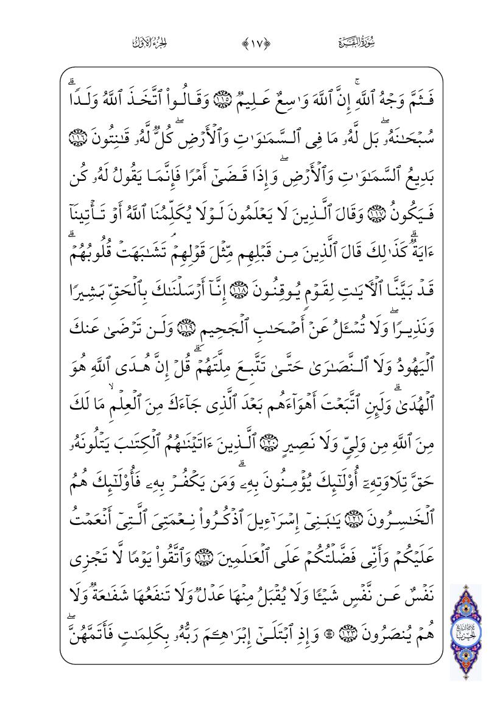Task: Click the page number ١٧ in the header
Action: point(251,43)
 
